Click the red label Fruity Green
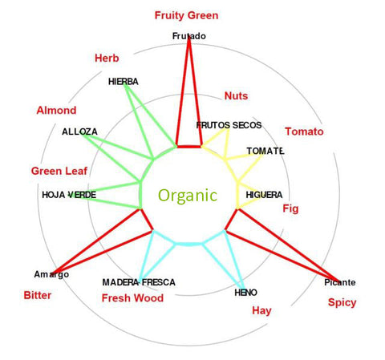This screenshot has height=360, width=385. [186, 15]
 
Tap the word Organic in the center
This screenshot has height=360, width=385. [188, 196]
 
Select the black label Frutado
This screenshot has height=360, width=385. [189, 36]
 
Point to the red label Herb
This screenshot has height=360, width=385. [107, 58]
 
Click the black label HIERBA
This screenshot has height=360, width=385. [124, 82]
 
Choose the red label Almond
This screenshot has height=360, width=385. [56, 110]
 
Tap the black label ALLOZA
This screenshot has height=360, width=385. [79, 131]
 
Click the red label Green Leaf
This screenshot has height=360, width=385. [59, 171]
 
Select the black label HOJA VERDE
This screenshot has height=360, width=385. [69, 195]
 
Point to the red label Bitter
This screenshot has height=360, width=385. [38, 295]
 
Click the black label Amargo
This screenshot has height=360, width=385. [51, 274]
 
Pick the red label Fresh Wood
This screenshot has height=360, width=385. [132, 298]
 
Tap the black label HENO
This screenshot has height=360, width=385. [245, 293]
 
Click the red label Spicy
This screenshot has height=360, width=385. [342, 302]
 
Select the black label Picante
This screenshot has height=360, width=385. [340, 282]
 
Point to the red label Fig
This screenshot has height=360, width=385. [290, 208]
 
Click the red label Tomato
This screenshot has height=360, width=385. [304, 131]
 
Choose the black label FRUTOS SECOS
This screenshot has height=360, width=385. [229, 125]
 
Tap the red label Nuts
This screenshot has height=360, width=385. [236, 95]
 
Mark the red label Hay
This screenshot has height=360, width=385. [261, 311]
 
